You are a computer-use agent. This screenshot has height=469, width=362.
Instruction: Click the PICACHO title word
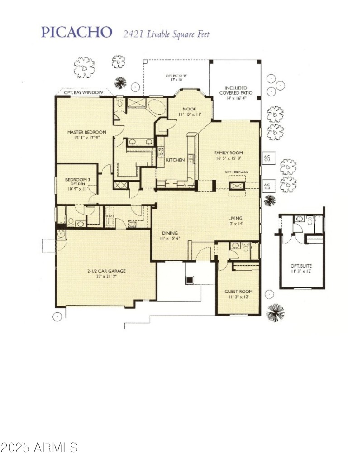point(76,32)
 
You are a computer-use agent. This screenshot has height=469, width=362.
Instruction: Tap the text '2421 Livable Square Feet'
point(166,33)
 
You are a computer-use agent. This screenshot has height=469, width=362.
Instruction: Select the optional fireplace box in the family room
point(237,185)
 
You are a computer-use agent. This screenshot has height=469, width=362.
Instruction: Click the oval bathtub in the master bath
point(157,108)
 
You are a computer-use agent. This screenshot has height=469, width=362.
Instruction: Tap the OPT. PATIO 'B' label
point(176,77)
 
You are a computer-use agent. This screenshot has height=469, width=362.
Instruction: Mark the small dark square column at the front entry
point(189,280)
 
